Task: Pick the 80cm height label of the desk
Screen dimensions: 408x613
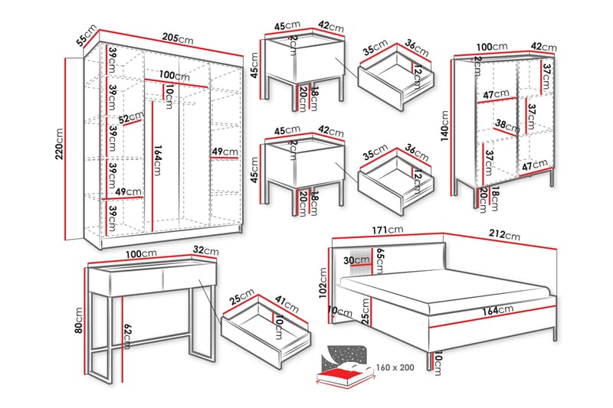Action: pos(78,322)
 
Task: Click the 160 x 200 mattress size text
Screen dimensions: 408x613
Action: pos(395,367)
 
